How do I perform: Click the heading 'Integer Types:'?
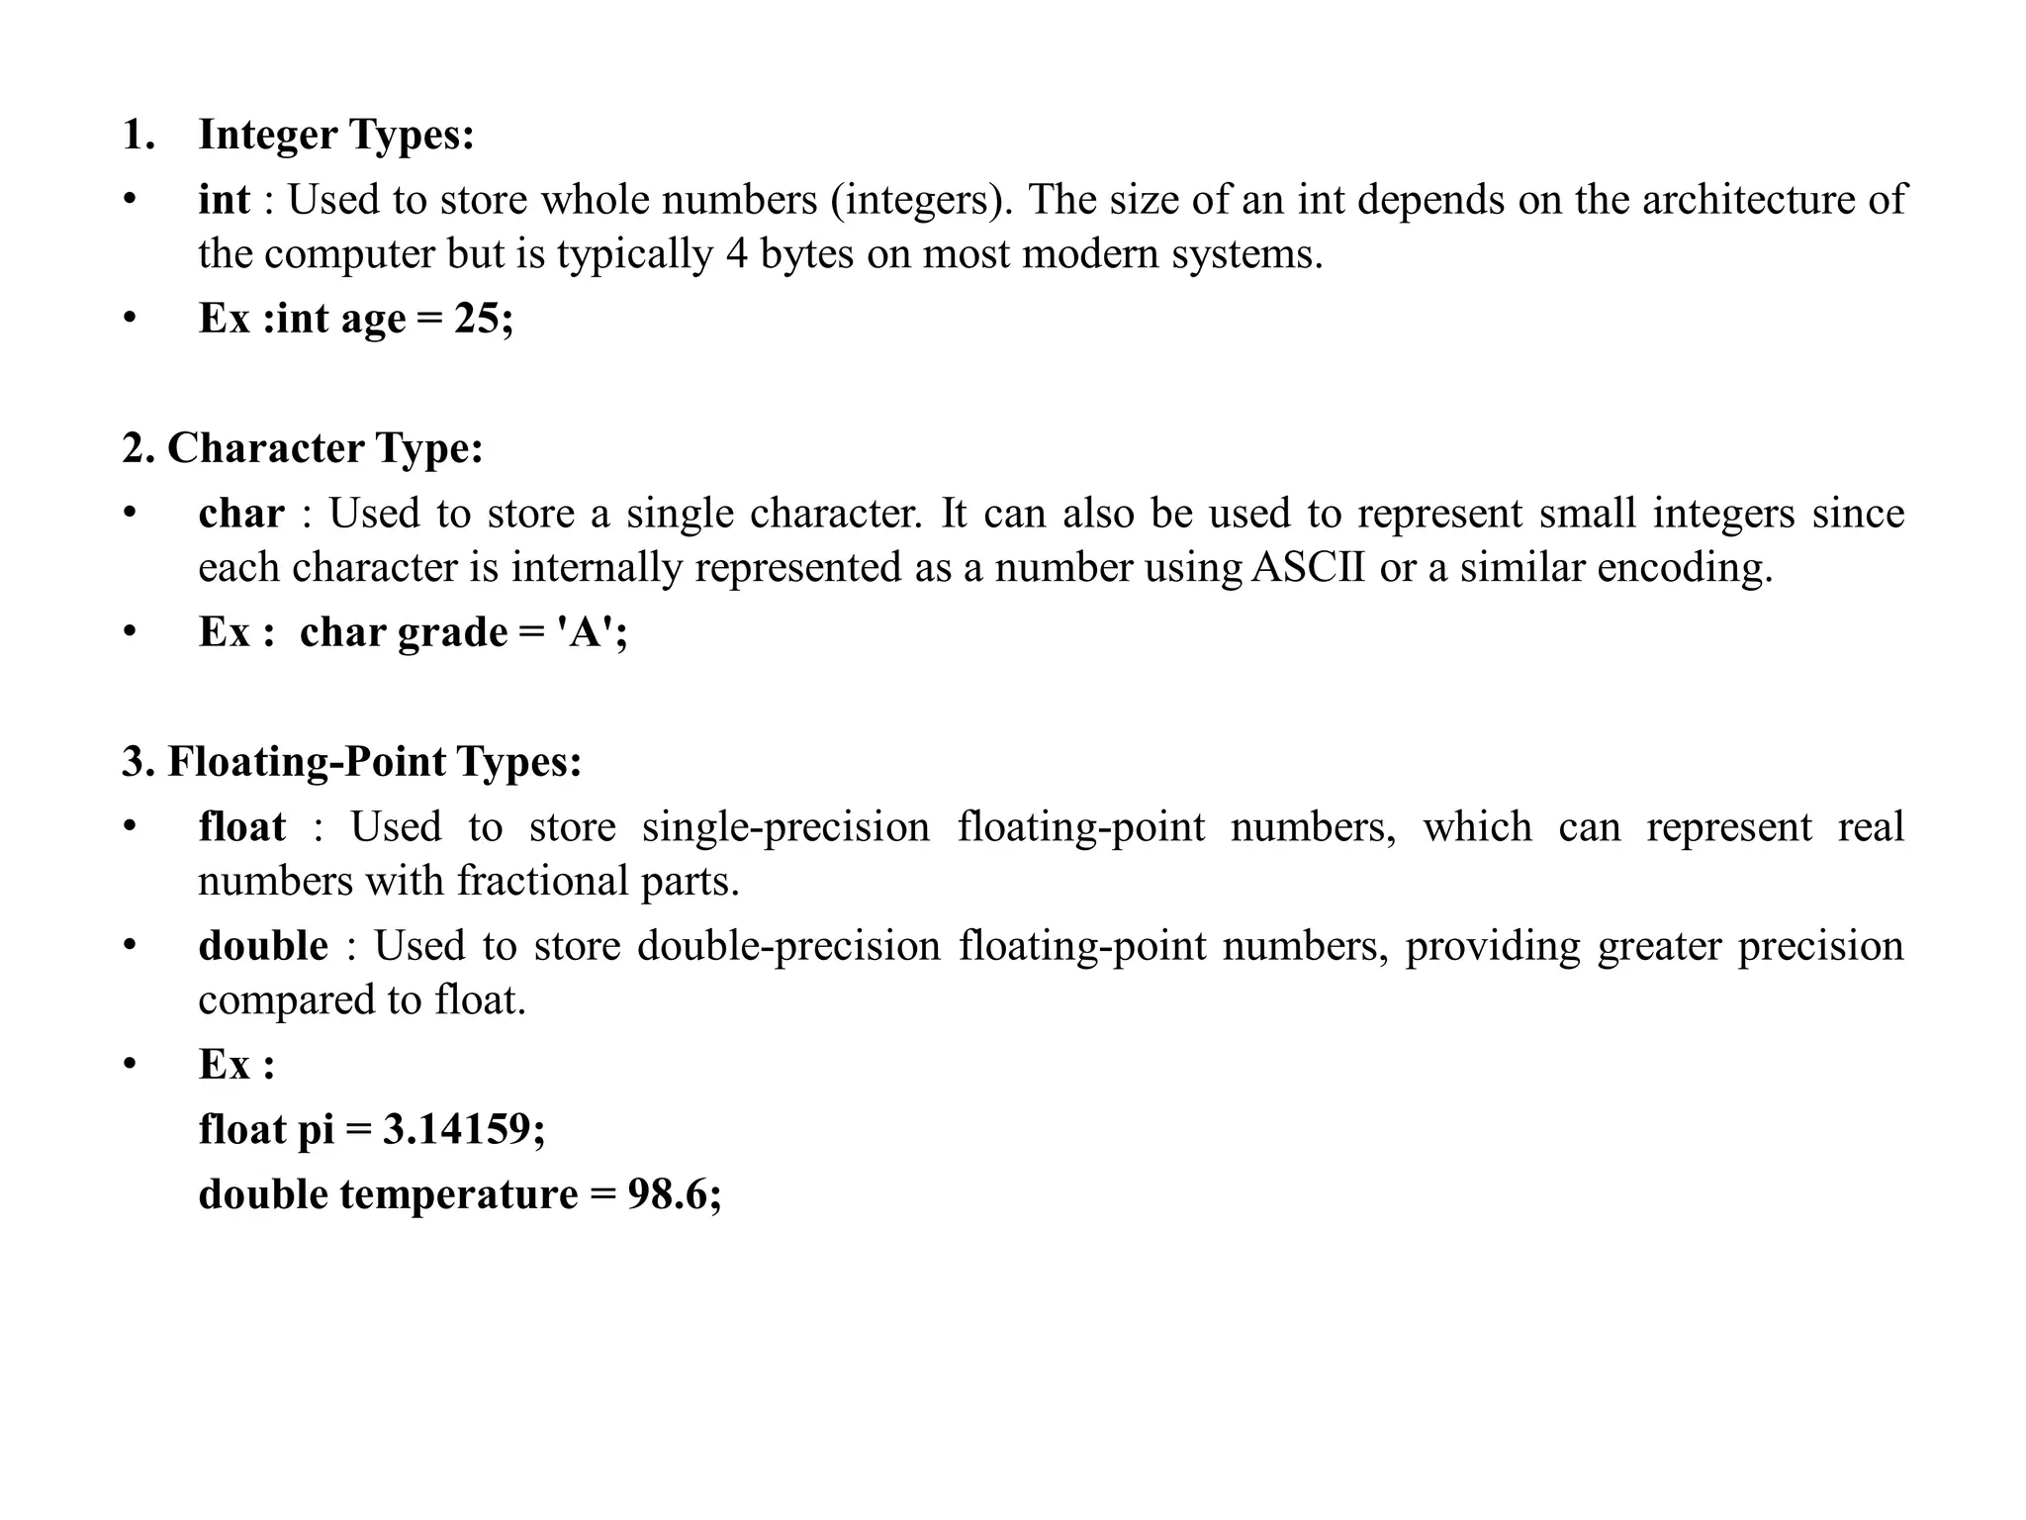(336, 136)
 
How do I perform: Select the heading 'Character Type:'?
(325, 448)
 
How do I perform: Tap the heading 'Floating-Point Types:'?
(375, 762)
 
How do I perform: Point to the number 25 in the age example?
(477, 319)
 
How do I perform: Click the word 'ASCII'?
(1308, 568)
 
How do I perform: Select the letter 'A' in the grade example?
(586, 632)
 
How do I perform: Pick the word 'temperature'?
(458, 1194)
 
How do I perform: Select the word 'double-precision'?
(788, 946)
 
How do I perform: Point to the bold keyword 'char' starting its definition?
(241, 514)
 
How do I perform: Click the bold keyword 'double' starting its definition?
(263, 946)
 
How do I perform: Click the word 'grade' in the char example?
(452, 632)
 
